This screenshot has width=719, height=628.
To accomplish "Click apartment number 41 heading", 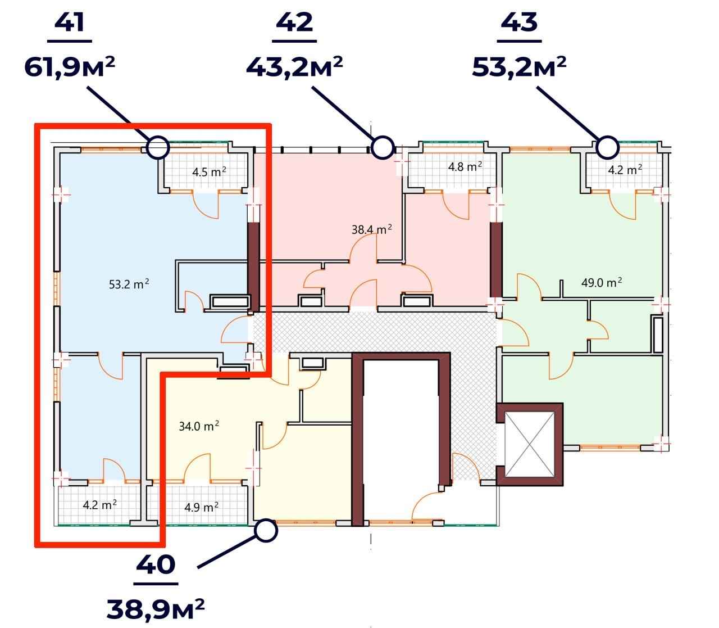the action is (69, 22).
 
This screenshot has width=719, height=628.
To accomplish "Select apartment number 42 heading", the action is (294, 22).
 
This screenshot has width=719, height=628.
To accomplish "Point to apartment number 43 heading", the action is (519, 22).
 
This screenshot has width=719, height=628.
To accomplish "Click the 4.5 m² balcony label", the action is (209, 172).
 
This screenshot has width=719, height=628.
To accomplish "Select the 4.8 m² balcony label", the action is (465, 166).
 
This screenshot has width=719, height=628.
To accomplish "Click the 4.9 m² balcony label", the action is (201, 507).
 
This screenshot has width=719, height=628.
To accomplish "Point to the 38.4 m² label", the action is (372, 229).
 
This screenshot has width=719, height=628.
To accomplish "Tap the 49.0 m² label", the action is (602, 282).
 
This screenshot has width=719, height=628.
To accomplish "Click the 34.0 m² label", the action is (199, 426).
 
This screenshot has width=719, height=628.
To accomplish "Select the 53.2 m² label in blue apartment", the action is (129, 284).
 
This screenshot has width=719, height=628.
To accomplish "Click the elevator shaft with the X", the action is (530, 445).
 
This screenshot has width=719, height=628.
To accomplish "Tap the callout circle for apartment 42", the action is (383, 147).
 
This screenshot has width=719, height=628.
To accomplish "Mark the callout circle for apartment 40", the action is (266, 531).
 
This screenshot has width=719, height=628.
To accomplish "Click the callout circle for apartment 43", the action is (607, 147).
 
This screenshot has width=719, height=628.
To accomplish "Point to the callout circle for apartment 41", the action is (158, 147).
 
